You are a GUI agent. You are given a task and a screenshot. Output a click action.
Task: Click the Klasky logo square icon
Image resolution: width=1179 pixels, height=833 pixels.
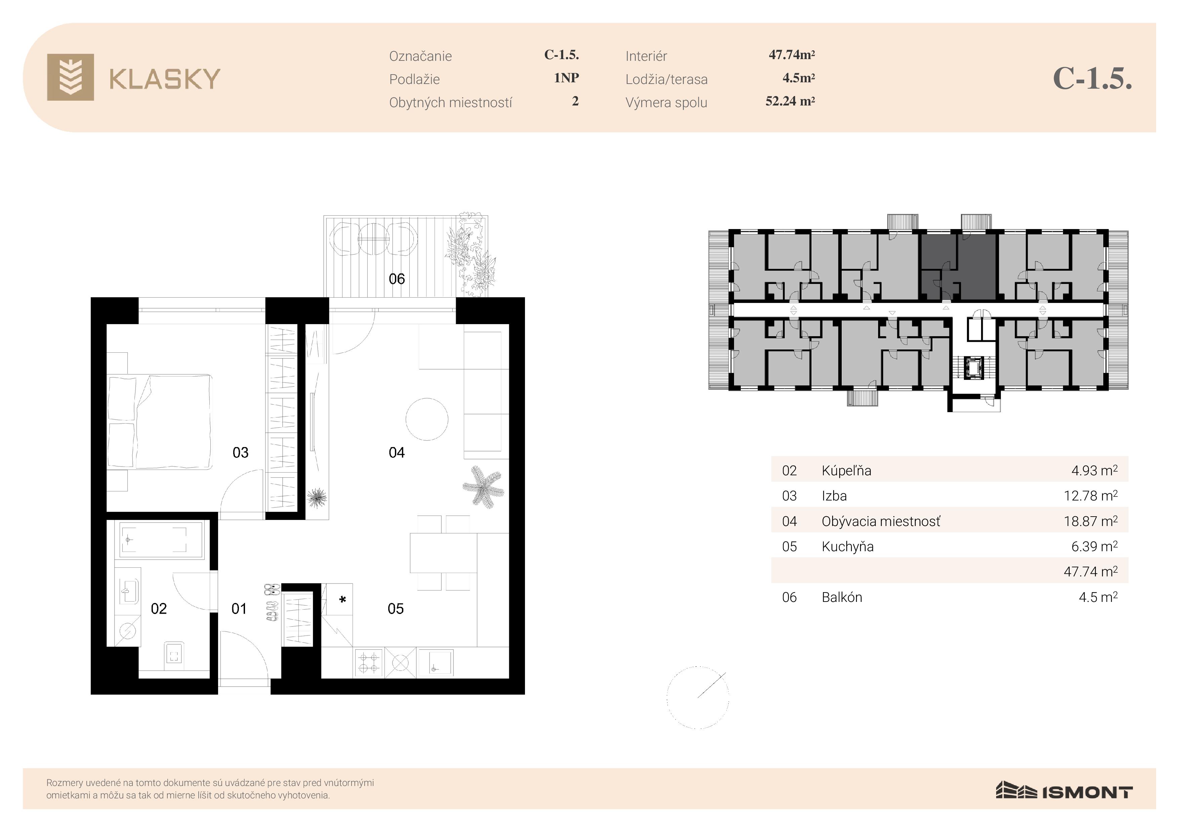70,77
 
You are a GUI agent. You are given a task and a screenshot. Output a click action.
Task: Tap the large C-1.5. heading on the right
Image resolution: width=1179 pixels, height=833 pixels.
1092,79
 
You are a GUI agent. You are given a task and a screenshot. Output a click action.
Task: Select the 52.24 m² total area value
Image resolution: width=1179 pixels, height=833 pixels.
790,101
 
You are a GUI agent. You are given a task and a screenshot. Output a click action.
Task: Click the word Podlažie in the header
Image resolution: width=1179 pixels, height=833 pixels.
414,80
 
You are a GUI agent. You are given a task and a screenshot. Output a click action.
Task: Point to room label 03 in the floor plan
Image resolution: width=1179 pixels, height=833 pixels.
240,453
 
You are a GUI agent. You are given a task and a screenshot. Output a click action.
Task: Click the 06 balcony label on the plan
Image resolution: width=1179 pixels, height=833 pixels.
397,279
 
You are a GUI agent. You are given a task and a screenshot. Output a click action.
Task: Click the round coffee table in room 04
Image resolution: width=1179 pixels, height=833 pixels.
427,419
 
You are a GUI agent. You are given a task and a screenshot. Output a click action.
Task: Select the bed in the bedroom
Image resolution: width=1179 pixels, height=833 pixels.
160,422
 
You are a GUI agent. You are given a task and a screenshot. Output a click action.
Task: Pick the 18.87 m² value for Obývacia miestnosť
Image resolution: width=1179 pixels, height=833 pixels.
1091,521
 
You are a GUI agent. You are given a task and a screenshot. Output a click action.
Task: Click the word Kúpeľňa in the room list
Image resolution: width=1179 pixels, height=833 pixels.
846,471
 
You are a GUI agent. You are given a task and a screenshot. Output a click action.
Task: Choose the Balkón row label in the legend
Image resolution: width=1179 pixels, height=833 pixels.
842,598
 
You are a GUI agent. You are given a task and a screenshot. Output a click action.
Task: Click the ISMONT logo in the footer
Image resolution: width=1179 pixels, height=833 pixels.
1064,791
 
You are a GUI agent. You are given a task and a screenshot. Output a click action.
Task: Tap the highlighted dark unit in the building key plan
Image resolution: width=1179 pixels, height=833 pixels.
958,267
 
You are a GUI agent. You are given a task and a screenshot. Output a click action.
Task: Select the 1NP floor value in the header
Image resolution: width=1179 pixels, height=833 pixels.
566,78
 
